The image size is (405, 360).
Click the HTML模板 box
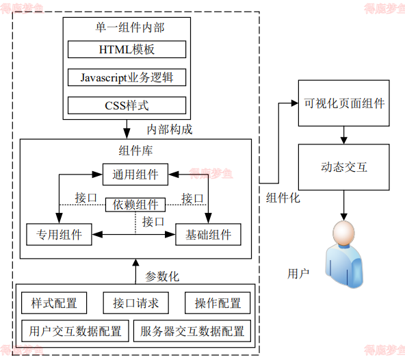click(127, 49)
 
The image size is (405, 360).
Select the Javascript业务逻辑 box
click(127, 77)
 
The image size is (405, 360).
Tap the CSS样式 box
click(127, 105)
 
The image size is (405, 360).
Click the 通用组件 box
click(135, 175)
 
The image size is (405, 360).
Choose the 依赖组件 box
click(135, 205)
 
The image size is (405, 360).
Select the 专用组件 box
click(59, 235)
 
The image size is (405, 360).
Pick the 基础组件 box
click(209, 235)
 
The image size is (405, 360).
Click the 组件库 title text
click(135, 151)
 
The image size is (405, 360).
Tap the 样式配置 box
click(54, 303)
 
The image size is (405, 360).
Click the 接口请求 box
click(135, 303)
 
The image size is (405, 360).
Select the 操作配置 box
click(218, 303)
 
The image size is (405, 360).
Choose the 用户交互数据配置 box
click(75, 331)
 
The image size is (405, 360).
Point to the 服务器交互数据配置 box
click(192, 331)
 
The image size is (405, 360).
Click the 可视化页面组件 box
click(344, 104)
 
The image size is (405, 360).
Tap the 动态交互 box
click(344, 167)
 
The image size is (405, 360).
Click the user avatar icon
click(344, 253)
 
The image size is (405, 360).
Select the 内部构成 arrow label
click(170, 129)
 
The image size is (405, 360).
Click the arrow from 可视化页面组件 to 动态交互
click(344, 136)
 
